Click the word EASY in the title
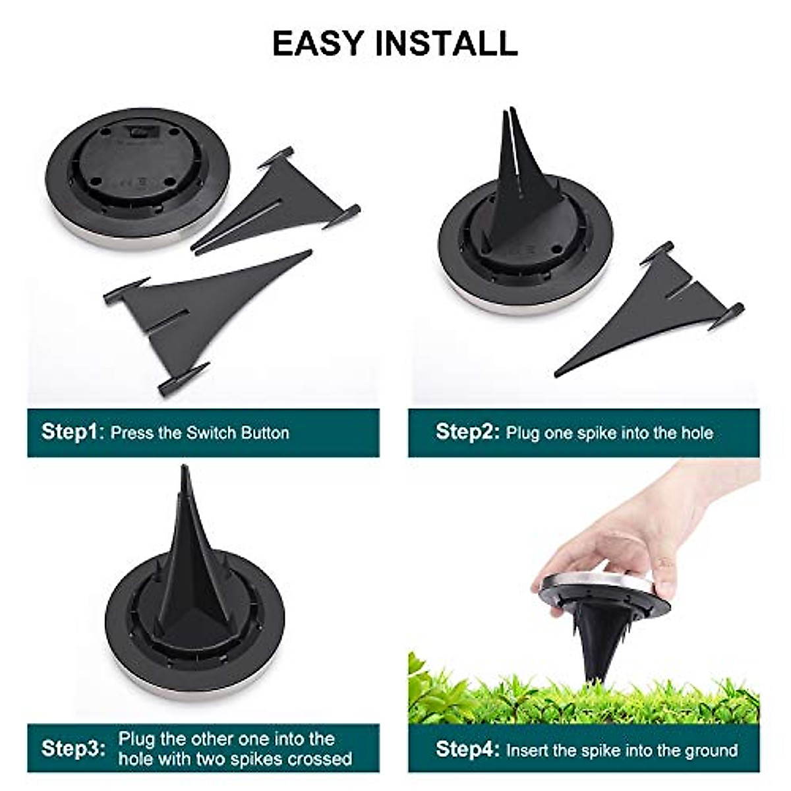click(318, 43)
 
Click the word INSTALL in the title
click(446, 43)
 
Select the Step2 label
click(467, 432)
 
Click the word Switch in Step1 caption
click(212, 433)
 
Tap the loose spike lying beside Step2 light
click(659, 310)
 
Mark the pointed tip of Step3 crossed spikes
click(185, 469)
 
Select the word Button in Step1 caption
click(264, 433)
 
